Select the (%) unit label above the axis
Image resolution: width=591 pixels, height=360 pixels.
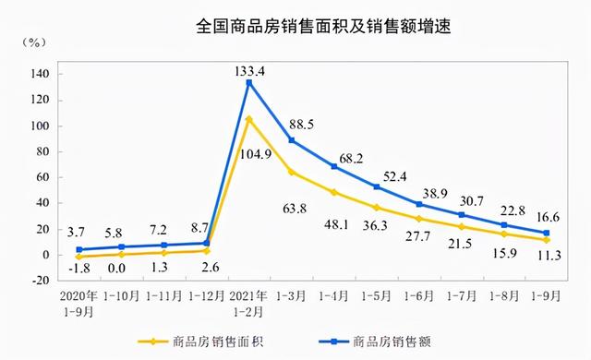35,42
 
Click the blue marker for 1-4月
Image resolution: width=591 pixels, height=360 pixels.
333,166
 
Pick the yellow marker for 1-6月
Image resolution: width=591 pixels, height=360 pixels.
418,219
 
